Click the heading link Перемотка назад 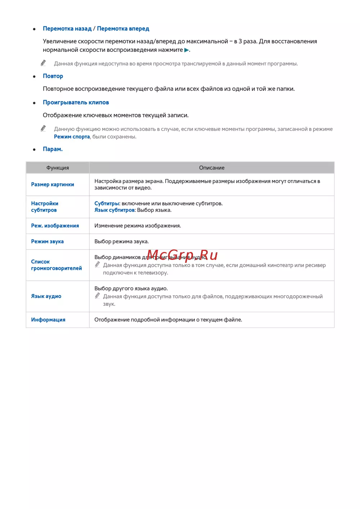click(67, 29)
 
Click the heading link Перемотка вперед click(123, 29)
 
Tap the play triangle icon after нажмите click(186, 50)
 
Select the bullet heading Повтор click(53, 76)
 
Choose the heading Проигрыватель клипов click(76, 103)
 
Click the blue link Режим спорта click(72, 137)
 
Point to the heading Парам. click(53, 149)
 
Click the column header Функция click(58, 168)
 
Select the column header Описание click(212, 168)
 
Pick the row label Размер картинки click(53, 185)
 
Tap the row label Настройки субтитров click(44, 207)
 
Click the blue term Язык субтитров click(114, 210)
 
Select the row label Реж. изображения click(55, 226)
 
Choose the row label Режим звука click(47, 242)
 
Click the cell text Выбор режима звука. click(121, 242)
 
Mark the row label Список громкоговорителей click(56, 265)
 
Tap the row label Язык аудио click(46, 296)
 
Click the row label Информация click(48, 320)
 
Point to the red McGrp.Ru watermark click(182, 255)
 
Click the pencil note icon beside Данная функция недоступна click(44, 63)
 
